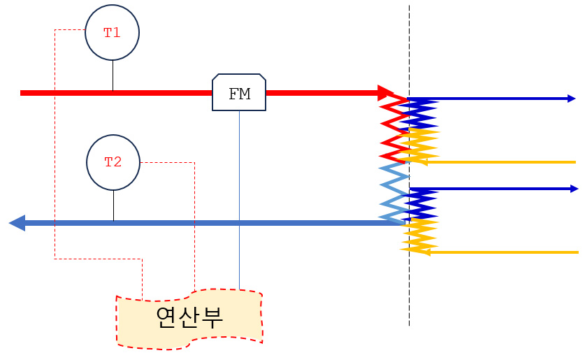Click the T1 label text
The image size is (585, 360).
pos(112,33)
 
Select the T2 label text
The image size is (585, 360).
pos(113,162)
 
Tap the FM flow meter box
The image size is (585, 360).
pos(239,92)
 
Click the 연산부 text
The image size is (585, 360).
pos(189,318)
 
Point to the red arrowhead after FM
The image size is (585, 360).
pos(386,93)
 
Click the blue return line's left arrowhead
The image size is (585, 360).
pos(17,223)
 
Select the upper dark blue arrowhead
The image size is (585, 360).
pos(572,99)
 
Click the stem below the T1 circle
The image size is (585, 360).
pos(113,75)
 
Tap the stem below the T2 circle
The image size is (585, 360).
pos(113,206)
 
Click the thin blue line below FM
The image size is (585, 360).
pos(239,200)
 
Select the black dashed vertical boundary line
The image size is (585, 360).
pos(409,166)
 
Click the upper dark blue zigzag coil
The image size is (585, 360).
pos(419,115)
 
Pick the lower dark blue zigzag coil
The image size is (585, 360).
pos(419,204)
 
